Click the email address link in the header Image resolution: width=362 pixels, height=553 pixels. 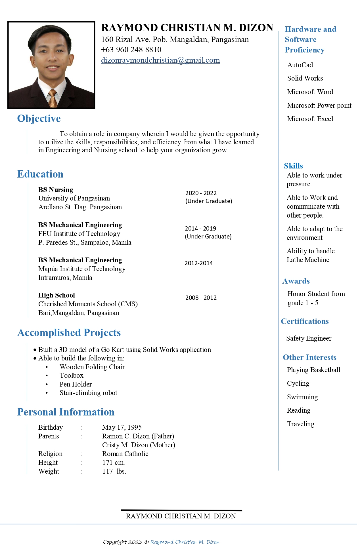click(x=160, y=60)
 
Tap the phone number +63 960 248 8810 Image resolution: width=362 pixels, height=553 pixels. click(x=131, y=50)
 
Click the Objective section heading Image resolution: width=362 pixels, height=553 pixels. click(x=39, y=119)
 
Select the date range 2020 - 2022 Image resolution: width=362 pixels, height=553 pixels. click(x=201, y=193)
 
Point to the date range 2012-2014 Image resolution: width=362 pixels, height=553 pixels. click(x=198, y=263)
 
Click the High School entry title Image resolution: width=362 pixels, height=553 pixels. click(x=57, y=295)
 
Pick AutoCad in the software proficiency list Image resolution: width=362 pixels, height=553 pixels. click(x=300, y=65)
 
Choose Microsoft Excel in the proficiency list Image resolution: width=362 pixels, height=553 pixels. click(x=310, y=119)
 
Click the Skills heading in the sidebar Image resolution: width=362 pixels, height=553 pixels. click(x=293, y=166)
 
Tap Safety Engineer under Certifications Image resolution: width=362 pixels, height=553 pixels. click(x=309, y=338)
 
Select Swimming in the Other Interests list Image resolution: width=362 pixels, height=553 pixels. click(x=302, y=397)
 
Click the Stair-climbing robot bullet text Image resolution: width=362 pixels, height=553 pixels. click(x=88, y=393)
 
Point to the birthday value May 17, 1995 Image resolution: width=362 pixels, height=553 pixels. click(x=122, y=427)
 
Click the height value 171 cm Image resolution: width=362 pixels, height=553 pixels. click(x=113, y=463)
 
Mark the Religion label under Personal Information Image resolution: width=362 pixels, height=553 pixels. click(x=50, y=454)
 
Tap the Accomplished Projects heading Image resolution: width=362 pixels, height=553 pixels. click(x=69, y=333)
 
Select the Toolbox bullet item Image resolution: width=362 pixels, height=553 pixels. click(x=72, y=375)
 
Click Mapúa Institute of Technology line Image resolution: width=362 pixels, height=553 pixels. click(x=82, y=269)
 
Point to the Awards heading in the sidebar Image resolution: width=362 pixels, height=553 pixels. click(x=296, y=281)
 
